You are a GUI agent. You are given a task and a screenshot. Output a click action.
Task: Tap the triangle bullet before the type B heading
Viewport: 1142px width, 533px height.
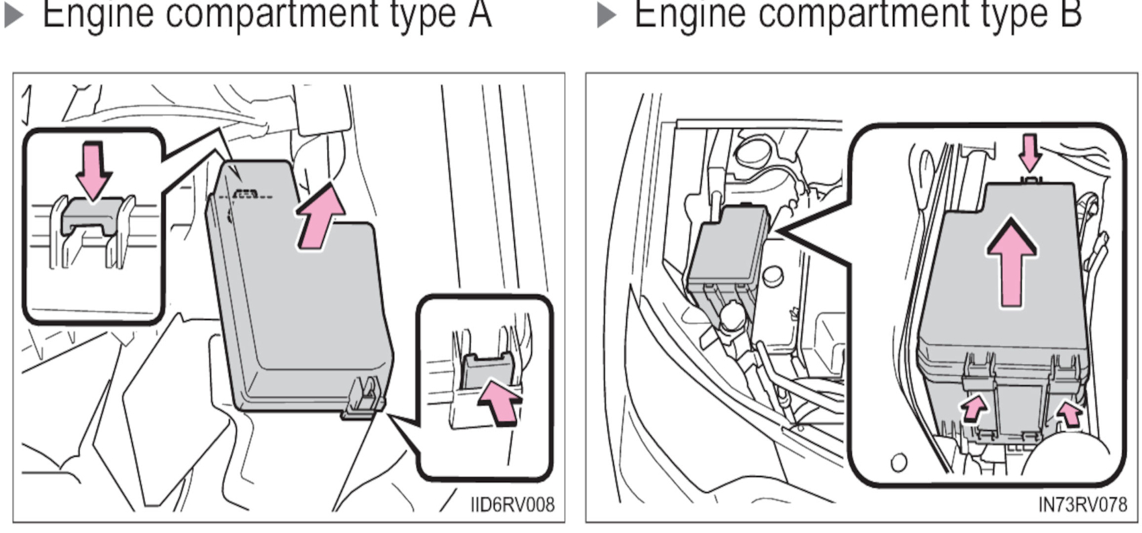coord(606,16)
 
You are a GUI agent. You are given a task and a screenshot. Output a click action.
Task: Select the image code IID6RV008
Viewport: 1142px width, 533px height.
coord(512,505)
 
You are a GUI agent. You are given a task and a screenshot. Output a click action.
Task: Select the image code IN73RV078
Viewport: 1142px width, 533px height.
coord(1082,505)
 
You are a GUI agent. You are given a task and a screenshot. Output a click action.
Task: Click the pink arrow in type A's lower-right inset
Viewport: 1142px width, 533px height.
coord(500,400)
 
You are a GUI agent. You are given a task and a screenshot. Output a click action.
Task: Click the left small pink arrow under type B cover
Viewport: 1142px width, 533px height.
coord(974,407)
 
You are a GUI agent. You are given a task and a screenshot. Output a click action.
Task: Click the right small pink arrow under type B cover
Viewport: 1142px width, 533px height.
coord(1070,413)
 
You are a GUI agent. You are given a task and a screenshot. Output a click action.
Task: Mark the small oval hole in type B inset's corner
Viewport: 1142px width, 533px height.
coord(898,462)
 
